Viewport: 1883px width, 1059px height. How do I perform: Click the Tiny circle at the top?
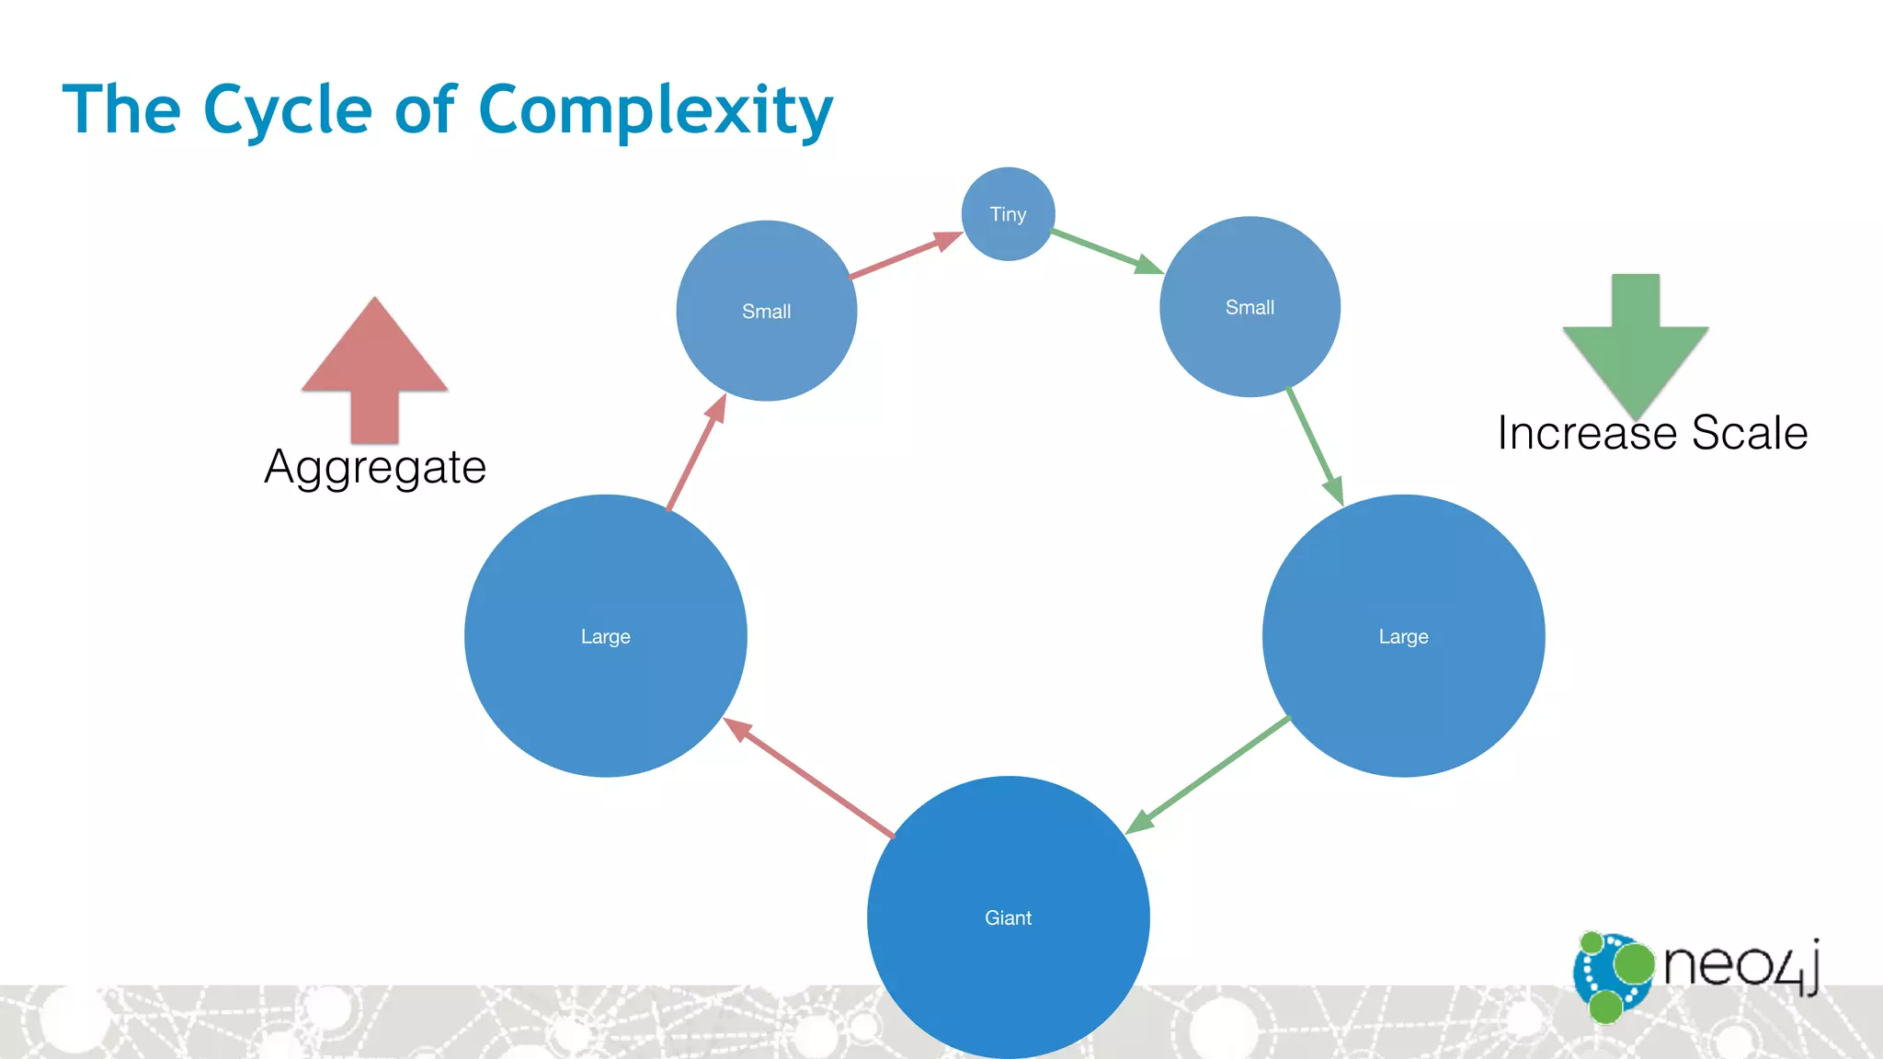coord(1008,214)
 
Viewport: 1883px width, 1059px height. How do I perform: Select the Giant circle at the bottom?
coord(1008,917)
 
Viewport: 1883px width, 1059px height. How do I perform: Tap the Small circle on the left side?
coord(766,311)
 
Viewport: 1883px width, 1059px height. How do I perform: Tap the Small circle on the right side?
coord(1250,307)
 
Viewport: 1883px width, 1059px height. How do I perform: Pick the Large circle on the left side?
coord(605,636)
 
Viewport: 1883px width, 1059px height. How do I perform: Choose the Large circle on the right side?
coord(1403,636)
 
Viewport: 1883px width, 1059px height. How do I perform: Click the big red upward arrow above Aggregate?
coord(374,368)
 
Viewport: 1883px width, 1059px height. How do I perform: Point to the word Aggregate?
coord(375,467)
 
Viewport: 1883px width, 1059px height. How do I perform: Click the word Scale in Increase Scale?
coord(1749,433)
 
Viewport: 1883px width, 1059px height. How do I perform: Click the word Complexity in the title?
coord(656,110)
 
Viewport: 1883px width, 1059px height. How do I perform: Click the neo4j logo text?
coord(1740,965)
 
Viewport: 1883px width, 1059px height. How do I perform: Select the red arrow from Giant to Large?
coord(809,778)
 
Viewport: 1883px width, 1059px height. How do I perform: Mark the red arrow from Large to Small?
coord(697,452)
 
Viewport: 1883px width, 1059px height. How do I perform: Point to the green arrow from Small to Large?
coord(1315,446)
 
